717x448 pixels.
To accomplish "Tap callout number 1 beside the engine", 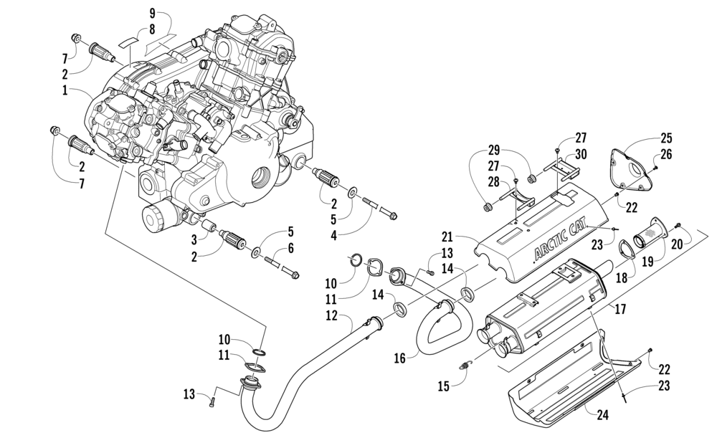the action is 65,90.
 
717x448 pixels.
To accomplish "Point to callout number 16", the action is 399,358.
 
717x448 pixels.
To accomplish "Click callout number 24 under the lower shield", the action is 603,415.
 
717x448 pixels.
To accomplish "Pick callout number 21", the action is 447,237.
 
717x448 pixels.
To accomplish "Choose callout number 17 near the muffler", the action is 620,309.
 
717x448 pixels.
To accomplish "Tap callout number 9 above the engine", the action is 152,13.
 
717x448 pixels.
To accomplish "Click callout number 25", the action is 666,138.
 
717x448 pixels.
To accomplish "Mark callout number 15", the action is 443,386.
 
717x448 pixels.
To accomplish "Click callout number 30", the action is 581,155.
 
